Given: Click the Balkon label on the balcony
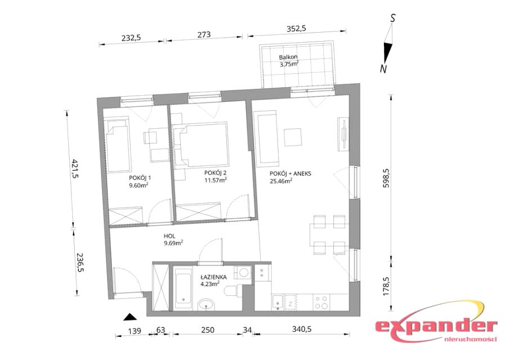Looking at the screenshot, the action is tap(288, 57).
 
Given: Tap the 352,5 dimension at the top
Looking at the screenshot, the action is tap(296, 29).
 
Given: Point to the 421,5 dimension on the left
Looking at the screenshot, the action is tap(75, 168).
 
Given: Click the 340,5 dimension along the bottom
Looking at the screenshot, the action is tap(302, 329).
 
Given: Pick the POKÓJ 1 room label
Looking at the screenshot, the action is tap(140, 178).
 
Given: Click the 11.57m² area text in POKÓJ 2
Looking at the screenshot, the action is tap(216, 180).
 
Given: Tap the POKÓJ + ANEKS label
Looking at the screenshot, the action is tap(290, 174).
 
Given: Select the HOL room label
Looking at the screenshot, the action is tap(169, 236).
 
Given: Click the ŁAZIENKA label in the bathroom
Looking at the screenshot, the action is tap(213, 277).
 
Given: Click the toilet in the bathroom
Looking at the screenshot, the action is tap(233, 291).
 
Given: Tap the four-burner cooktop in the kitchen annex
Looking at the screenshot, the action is tap(321, 303).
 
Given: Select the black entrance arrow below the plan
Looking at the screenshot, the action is tap(131, 317).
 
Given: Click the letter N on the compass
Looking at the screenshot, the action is tap(383, 69).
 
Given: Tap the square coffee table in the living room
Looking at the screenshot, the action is tap(292, 137).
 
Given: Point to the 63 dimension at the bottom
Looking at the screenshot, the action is tap(160, 330).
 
